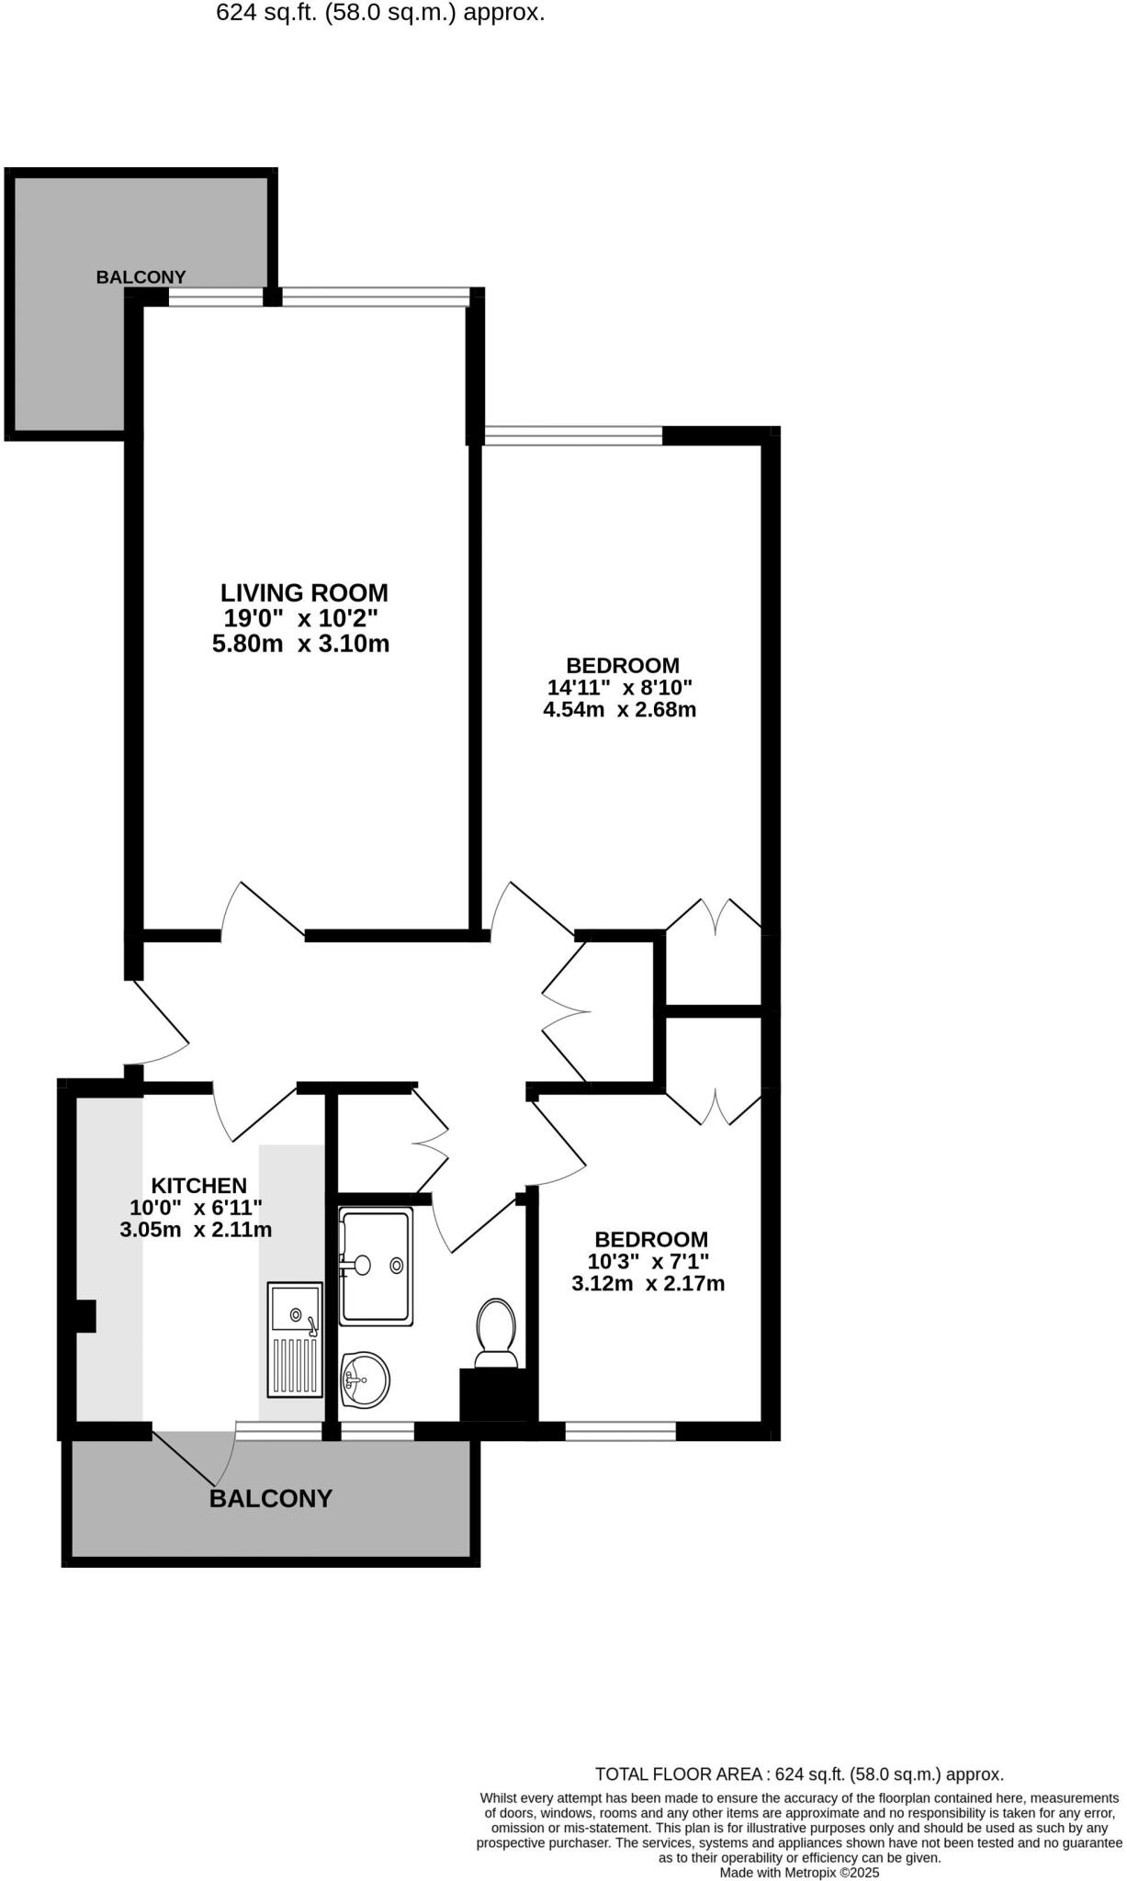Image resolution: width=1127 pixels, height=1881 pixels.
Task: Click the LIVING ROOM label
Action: (304, 592)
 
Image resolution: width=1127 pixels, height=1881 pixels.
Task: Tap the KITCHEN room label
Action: (198, 1186)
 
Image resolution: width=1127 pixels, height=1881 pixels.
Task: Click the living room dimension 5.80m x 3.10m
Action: (301, 644)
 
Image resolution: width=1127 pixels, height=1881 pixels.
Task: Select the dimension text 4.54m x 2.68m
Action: (620, 709)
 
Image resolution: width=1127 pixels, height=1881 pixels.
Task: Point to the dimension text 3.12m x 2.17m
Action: (648, 1283)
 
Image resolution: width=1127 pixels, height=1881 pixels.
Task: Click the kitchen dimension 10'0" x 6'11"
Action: (197, 1208)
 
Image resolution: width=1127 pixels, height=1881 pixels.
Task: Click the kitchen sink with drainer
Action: (295, 1340)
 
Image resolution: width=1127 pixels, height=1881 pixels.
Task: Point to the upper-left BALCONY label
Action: (141, 276)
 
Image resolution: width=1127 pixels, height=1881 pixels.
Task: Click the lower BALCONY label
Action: (271, 1499)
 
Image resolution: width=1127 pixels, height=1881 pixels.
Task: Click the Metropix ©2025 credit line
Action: (799, 1872)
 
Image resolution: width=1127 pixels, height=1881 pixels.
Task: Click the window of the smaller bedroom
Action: (620, 1430)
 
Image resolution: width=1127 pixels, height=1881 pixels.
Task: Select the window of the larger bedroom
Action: (573, 435)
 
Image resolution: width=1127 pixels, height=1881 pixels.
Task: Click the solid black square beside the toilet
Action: (496, 1396)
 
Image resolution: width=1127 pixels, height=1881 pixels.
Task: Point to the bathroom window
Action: (378, 1430)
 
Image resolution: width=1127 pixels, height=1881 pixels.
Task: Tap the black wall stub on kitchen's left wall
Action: (85, 1316)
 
